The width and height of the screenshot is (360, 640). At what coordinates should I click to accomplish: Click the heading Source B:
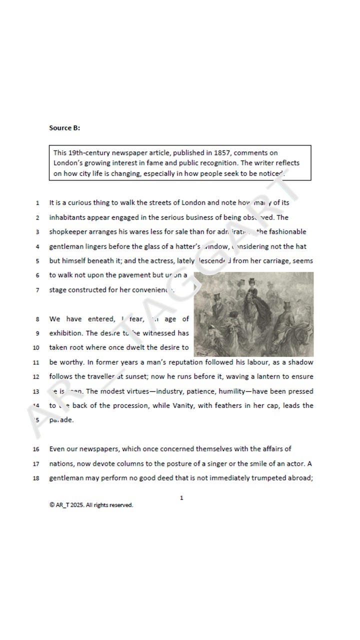point(64,128)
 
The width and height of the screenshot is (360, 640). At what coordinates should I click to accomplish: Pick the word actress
point(160,261)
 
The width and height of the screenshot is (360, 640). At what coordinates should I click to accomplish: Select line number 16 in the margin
point(36,449)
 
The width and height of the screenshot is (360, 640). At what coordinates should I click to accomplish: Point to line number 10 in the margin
point(36,348)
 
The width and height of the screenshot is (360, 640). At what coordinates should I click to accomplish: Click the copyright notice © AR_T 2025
point(91,505)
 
